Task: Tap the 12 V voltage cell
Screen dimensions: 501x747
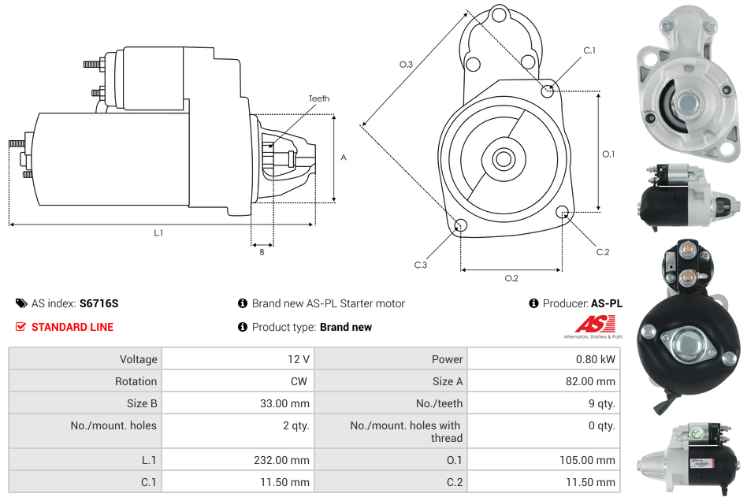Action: coord(298,359)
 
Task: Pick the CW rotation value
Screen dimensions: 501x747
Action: coord(300,381)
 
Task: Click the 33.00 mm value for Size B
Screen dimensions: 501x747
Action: coord(287,403)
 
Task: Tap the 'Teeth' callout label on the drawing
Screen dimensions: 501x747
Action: coord(318,98)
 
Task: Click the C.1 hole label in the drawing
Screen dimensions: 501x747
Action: coord(589,50)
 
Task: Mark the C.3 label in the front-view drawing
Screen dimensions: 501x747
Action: coord(421,265)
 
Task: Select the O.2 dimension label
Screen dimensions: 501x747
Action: coord(511,278)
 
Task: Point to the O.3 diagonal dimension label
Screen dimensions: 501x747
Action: coord(406,65)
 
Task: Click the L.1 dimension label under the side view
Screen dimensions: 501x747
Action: coord(158,232)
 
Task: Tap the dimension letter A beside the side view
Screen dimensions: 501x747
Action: coord(343,158)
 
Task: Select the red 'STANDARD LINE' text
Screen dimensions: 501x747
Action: coord(72,327)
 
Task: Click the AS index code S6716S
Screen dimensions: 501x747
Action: coord(98,303)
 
